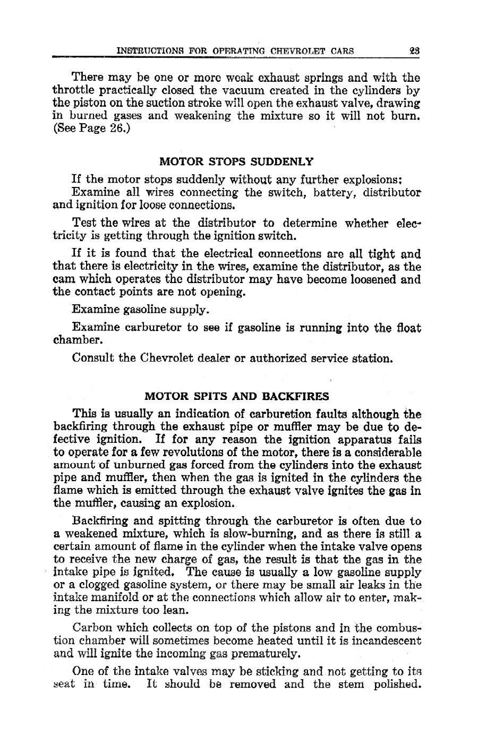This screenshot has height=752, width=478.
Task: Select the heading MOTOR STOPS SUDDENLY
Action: pos(237,160)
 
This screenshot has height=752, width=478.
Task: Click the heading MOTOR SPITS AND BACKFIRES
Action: pos(237,396)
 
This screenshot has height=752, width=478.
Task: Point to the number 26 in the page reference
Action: pos(115,129)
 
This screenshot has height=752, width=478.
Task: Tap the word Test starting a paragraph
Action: pos(83,223)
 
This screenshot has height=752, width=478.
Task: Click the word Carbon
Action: pos(90,628)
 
